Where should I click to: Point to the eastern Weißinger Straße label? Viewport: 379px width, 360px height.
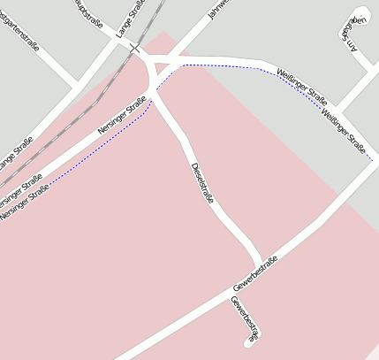(x=344, y=131)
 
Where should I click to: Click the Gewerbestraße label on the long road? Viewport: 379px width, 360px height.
(x=257, y=274)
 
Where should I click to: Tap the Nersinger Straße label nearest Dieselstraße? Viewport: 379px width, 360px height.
(x=122, y=120)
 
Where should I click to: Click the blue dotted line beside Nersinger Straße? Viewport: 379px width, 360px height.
(x=97, y=151)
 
